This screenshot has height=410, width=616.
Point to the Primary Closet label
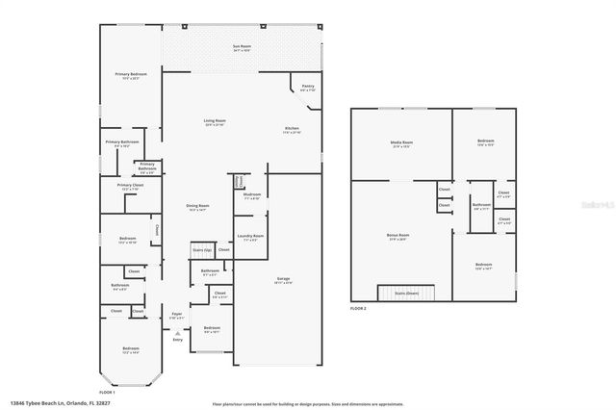point(130,187)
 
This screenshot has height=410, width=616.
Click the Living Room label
point(215,122)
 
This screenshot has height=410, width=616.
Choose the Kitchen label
point(292,130)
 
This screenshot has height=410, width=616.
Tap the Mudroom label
point(252,195)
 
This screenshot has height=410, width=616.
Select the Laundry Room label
point(249,238)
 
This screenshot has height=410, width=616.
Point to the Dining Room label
point(197,207)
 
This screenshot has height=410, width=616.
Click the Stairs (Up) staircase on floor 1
point(201,249)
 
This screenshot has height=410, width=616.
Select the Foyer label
point(177,316)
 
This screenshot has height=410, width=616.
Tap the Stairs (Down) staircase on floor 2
point(408,292)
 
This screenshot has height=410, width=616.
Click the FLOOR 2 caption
point(358,307)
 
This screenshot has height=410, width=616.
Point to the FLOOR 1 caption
point(107,393)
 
